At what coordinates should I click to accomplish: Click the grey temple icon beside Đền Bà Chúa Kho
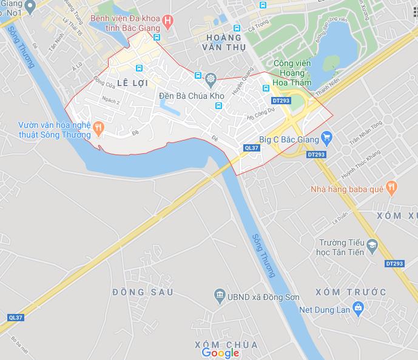pyautogui.click(x=211, y=78)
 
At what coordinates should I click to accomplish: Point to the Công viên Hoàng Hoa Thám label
pyautogui.click(x=292, y=73)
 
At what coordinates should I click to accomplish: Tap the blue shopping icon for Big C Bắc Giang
pyautogui.click(x=326, y=137)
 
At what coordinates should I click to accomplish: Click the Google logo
pyautogui.click(x=220, y=353)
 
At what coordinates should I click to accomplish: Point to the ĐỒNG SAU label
pyautogui.click(x=143, y=293)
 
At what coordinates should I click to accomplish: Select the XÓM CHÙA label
pyautogui.click(x=226, y=344)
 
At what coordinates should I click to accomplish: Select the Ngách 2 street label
pyautogui.click(x=111, y=101)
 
